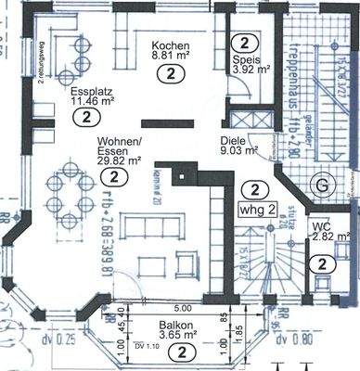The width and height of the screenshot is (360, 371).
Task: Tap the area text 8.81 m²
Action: (x=170, y=57)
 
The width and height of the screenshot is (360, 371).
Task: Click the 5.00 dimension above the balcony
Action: (x=183, y=308)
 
